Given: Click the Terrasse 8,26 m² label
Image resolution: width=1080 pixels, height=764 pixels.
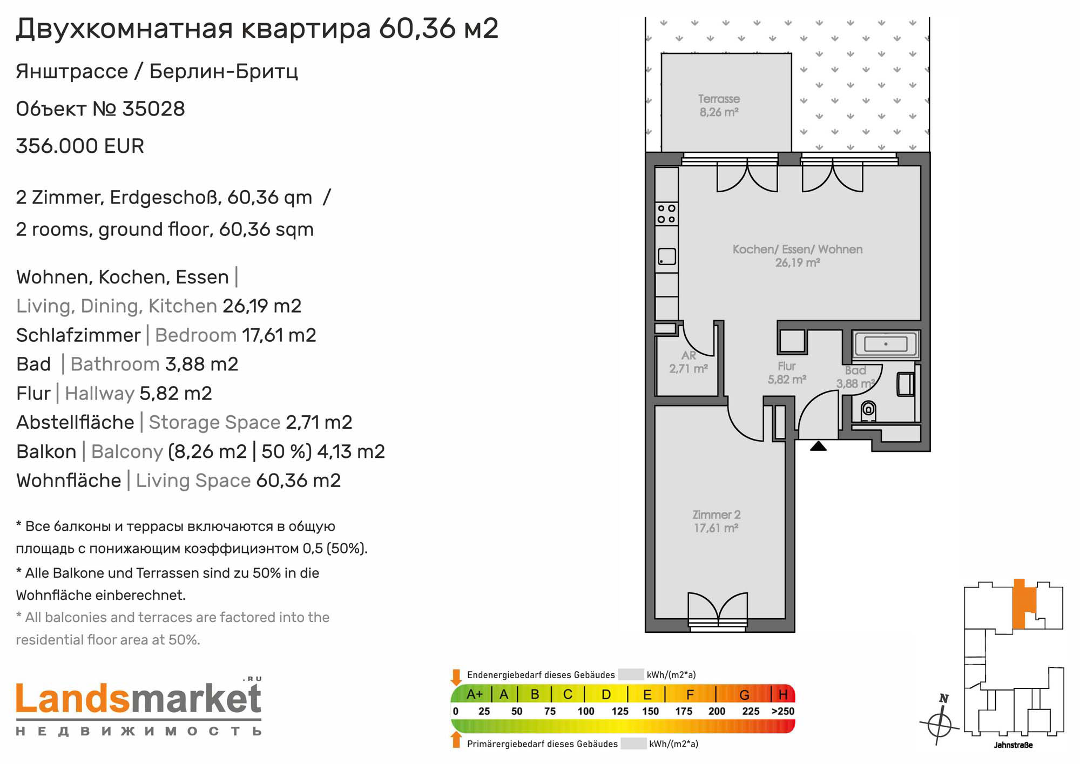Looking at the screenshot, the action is click(719, 105).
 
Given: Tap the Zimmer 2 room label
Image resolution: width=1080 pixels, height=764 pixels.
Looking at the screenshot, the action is click(716, 521).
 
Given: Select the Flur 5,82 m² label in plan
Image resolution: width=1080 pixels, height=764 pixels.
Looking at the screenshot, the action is click(787, 373).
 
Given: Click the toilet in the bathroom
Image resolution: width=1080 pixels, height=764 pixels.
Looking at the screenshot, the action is click(868, 411).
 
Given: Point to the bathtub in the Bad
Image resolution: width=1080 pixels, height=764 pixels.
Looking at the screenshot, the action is click(886, 344).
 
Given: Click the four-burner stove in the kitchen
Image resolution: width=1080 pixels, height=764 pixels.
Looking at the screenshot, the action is click(666, 214).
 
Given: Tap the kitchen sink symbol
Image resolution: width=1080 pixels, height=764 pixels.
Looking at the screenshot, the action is click(667, 256).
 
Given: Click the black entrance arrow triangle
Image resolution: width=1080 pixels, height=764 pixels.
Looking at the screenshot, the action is click(818, 446).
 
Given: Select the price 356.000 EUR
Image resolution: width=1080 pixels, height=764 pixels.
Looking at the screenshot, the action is click(80, 146).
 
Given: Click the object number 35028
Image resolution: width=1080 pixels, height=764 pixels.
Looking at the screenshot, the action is click(153, 109).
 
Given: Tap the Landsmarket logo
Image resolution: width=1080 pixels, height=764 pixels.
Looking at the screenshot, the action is click(139, 707).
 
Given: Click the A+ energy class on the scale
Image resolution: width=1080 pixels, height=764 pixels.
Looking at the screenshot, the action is click(474, 694).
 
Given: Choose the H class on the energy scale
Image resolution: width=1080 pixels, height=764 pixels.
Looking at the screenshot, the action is click(783, 694).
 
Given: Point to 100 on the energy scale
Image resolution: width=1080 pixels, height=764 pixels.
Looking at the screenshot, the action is click(585, 712).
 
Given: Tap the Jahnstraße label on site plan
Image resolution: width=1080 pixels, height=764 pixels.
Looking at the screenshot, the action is click(1013, 745).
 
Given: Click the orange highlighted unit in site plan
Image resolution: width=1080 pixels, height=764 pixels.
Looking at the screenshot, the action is click(1022, 605).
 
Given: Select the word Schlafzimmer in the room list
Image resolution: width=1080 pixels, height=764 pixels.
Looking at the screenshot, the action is click(78, 335).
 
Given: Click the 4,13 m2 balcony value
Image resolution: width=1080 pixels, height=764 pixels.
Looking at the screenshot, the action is click(351, 451).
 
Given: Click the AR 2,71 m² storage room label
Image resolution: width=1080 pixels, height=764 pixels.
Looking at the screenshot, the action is click(688, 362).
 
